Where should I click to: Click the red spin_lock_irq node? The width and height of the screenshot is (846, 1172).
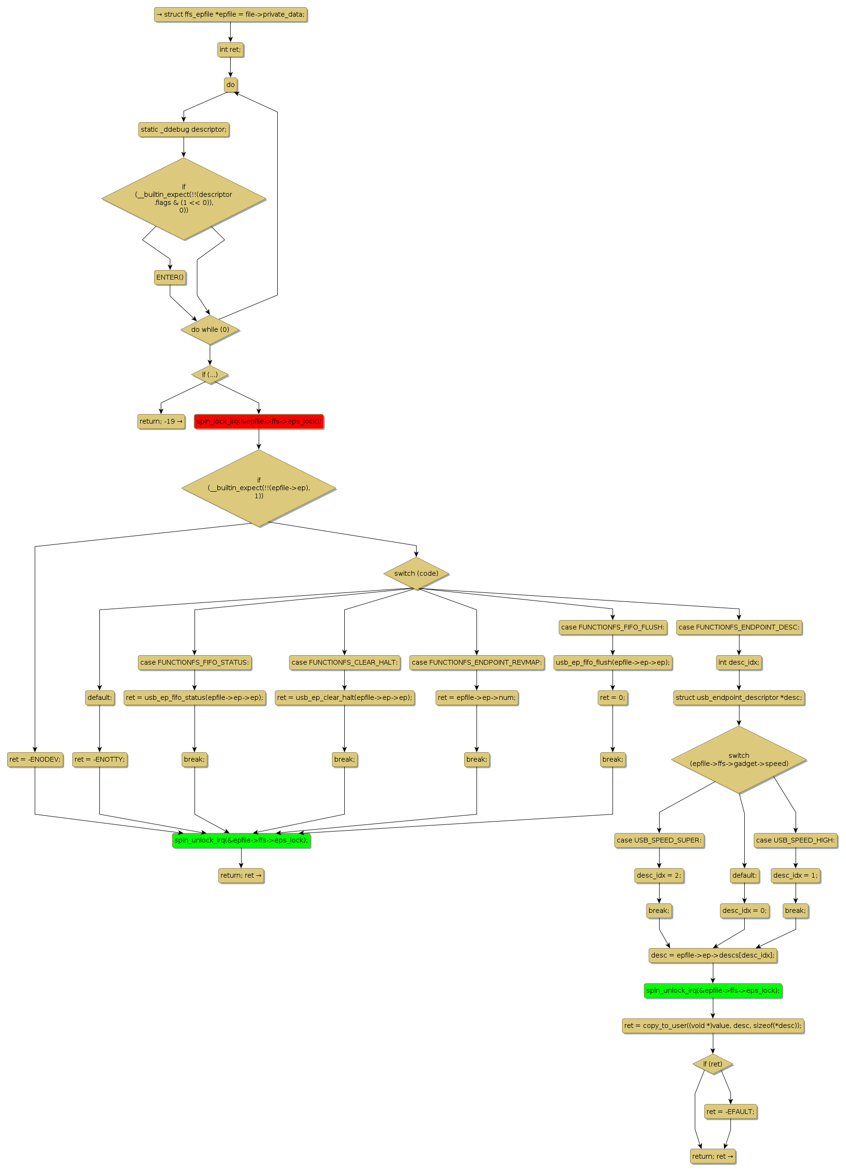pyautogui.click(x=258, y=421)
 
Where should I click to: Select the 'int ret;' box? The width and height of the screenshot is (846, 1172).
pyautogui.click(x=230, y=49)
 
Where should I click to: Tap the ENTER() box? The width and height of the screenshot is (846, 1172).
pyautogui.click(x=169, y=277)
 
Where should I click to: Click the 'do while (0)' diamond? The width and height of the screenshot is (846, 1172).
pyautogui.click(x=210, y=329)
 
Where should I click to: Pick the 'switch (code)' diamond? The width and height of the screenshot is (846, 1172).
pyautogui.click(x=416, y=573)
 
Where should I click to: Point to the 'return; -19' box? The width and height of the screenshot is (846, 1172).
pyautogui.click(x=161, y=421)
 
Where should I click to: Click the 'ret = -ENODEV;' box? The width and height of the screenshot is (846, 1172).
pyautogui.click(x=35, y=759)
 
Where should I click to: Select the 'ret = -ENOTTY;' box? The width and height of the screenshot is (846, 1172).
pyautogui.click(x=99, y=759)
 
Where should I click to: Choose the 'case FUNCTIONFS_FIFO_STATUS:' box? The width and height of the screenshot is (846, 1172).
pyautogui.click(x=194, y=662)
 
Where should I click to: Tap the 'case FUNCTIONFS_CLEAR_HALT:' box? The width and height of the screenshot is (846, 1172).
pyautogui.click(x=344, y=662)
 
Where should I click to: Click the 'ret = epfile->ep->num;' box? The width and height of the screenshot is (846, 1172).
pyautogui.click(x=476, y=697)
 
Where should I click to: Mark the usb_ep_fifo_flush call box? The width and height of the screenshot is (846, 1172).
pyautogui.click(x=613, y=662)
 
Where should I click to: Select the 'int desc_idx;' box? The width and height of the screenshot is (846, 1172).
pyautogui.click(x=739, y=662)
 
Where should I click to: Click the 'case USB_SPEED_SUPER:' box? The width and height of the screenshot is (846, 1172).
pyautogui.click(x=659, y=840)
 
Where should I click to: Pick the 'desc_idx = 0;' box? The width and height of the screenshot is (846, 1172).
pyautogui.click(x=744, y=910)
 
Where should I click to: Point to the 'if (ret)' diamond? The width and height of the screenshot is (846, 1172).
pyautogui.click(x=712, y=1064)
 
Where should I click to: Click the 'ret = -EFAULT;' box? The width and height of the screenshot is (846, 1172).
pyautogui.click(x=730, y=1112)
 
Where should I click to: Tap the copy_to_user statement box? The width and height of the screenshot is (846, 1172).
pyautogui.click(x=712, y=1025)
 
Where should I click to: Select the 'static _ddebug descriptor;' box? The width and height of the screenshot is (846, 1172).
pyautogui.click(x=184, y=129)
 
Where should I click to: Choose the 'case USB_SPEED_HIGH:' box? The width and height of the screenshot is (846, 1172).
pyautogui.click(x=795, y=840)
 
